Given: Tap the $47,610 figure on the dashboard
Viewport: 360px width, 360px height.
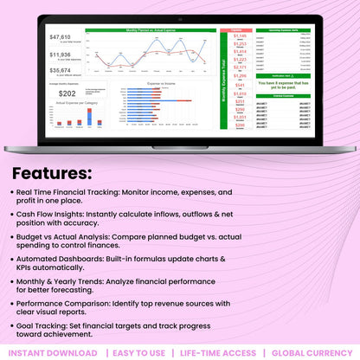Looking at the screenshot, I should point(61,37).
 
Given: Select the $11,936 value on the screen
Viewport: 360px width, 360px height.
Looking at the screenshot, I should point(61,55).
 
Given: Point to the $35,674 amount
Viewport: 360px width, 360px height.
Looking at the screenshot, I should point(61,70).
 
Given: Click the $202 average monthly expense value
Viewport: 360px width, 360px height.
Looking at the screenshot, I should point(67,93).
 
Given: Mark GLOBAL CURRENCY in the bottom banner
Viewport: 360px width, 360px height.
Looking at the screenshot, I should point(311,353).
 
